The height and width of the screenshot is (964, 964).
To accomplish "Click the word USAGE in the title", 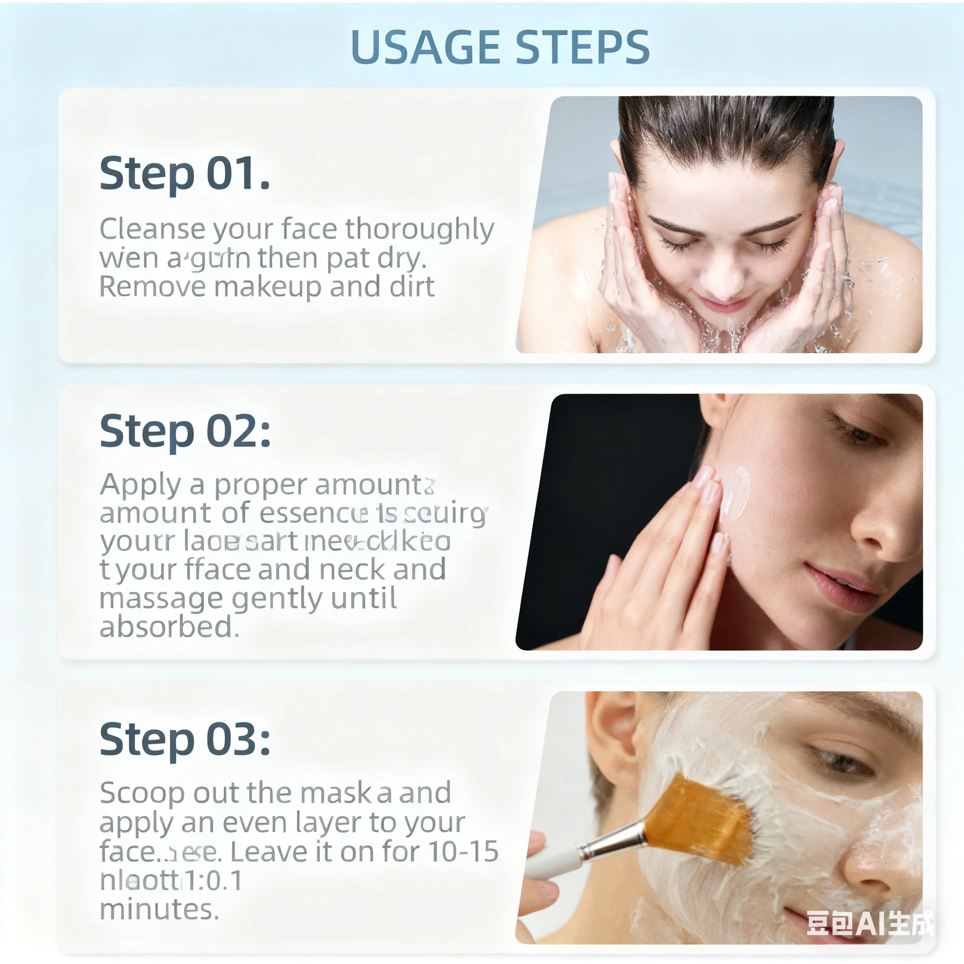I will [x=425, y=48].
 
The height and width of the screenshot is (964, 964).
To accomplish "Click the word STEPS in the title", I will [x=582, y=48].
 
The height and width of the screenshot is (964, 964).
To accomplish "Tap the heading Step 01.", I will [x=185, y=174].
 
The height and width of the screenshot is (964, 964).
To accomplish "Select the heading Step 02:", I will [x=185, y=431].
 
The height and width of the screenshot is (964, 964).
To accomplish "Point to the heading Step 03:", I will [x=185, y=739].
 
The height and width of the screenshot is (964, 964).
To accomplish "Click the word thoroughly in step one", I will [x=419, y=230].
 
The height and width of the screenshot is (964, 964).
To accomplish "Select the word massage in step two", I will [x=161, y=598].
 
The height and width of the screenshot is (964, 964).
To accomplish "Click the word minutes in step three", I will [x=159, y=909].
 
